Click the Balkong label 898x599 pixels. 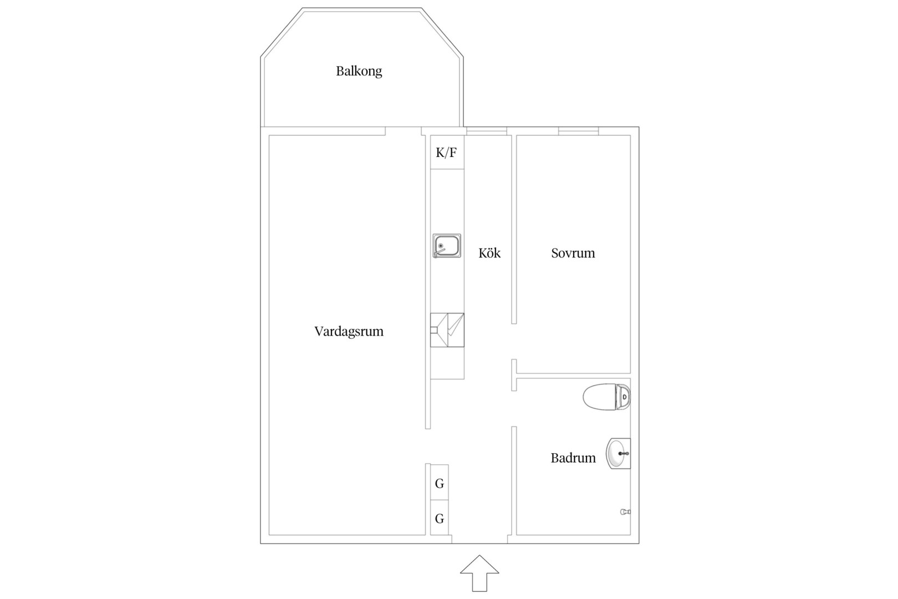[359, 72]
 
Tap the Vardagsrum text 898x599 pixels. [349, 332]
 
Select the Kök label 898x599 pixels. [489, 253]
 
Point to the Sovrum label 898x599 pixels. [573, 253]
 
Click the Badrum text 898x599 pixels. [573, 458]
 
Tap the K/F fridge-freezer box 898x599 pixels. [447, 152]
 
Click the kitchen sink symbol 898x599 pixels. [447, 246]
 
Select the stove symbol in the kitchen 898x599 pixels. [447, 330]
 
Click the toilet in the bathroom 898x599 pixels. [606, 397]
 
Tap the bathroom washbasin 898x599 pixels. [618, 453]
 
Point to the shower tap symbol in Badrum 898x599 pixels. [625, 512]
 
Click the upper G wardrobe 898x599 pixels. [440, 482]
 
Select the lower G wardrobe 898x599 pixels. [440, 517]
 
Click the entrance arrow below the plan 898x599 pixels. [479, 573]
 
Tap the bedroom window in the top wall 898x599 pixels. [579, 131]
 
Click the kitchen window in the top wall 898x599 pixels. [487, 131]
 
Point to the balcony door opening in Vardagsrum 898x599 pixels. [404, 131]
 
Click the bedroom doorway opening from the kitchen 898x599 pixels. [514, 342]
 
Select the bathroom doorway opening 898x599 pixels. [514, 409]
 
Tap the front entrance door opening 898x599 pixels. [480, 540]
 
